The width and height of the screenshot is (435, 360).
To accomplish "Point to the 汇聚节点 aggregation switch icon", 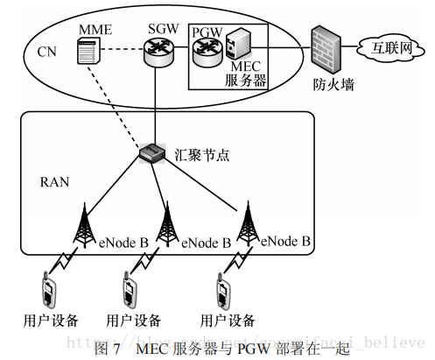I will pos(153,154).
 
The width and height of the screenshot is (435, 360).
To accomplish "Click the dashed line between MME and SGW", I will pos(123,52).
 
